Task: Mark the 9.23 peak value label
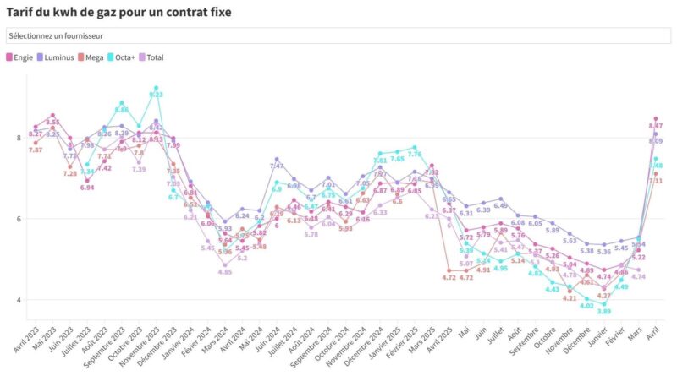point(157,95)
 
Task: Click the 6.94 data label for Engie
point(87,187)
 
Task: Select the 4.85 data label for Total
point(224,272)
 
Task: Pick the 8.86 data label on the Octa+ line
point(122,110)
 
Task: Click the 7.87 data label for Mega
point(36,150)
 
